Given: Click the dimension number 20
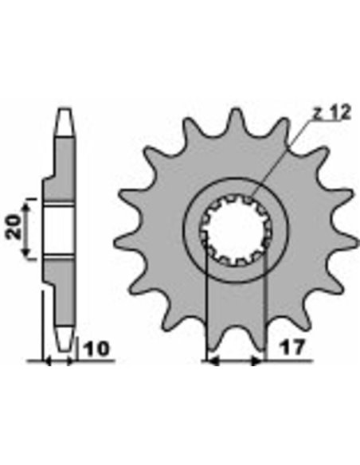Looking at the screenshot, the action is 14,227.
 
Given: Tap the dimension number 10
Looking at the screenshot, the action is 96,349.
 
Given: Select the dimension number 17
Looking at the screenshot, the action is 292,347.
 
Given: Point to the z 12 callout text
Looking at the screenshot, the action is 331,112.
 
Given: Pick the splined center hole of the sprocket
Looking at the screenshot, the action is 236,229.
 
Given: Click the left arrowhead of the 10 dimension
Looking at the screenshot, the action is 48,361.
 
